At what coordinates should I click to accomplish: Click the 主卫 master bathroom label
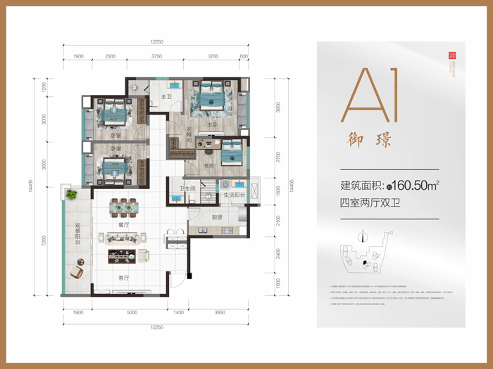point(167,97)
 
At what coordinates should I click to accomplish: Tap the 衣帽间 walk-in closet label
point(189,134)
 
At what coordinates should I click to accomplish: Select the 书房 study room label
point(209,166)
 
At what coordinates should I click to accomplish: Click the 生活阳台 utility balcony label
point(234,195)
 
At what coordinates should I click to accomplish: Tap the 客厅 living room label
point(124,278)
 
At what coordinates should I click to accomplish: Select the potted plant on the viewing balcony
point(71,193)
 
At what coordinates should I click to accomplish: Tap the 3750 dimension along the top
point(156,56)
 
